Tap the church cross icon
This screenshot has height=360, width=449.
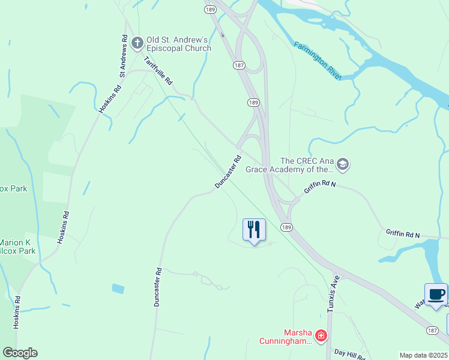coord(137,43)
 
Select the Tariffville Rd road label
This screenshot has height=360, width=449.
coord(158,70)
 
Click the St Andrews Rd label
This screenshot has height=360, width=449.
coord(124,56)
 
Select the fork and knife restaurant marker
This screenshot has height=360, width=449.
coord(254,229)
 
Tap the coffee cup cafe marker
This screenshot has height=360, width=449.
coord(436,295)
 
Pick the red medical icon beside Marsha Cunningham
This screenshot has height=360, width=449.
coord(321,335)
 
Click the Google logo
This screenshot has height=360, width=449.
coord(20,353)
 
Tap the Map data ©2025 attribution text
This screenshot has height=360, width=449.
coord(423,355)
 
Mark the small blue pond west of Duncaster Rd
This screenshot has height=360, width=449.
coord(118,289)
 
